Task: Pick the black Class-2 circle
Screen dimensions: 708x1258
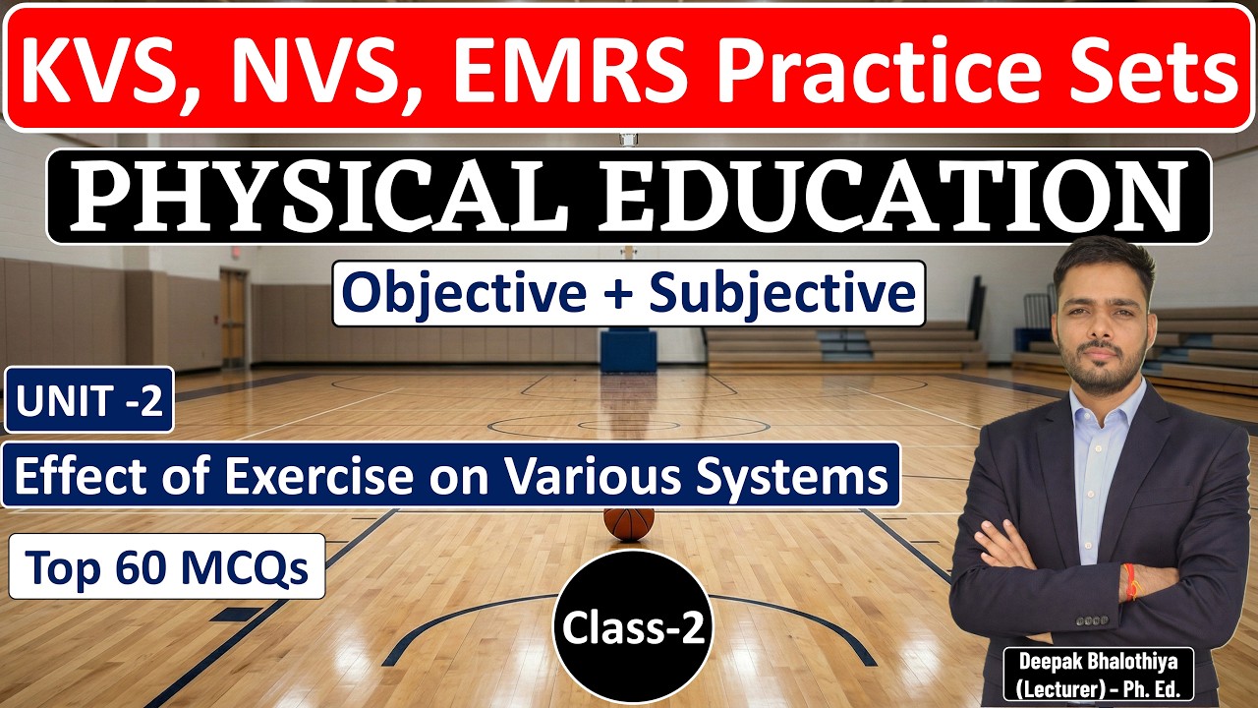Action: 634,629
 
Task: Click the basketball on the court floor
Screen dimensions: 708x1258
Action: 629,522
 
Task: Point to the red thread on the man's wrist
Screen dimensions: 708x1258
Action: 1133,584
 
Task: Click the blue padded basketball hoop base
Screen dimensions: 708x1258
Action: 628,351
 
